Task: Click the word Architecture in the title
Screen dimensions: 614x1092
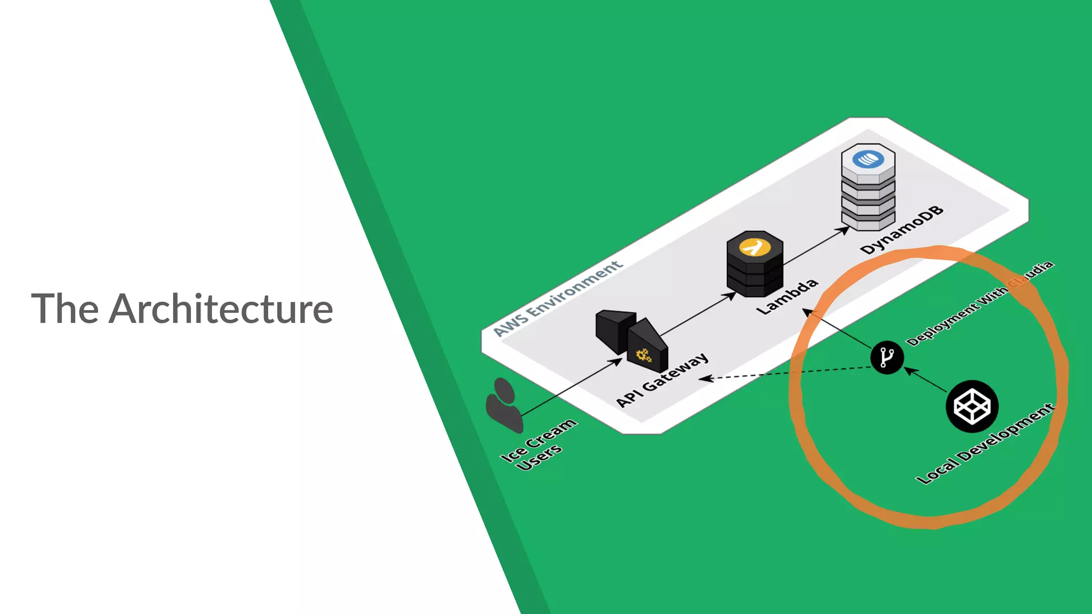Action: point(221,309)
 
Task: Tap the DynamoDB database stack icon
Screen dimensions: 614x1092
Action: point(868,187)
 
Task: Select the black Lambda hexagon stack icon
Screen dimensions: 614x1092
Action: point(754,263)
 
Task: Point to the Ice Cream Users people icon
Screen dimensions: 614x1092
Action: point(503,405)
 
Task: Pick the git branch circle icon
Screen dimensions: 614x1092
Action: point(887,357)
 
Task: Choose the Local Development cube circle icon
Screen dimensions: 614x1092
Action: point(971,407)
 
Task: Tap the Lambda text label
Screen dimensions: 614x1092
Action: point(788,296)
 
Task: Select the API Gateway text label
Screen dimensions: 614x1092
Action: point(663,379)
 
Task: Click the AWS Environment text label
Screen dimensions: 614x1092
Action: point(557,298)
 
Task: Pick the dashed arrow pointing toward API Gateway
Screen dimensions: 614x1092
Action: point(789,373)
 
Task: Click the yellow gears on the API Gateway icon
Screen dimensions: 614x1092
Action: point(644,356)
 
